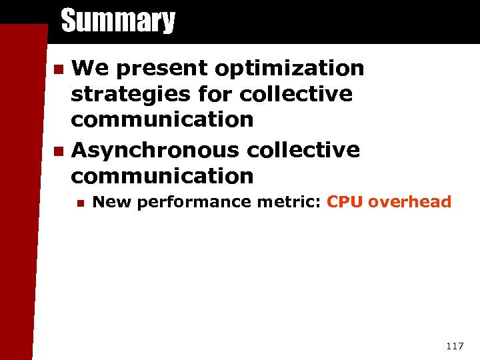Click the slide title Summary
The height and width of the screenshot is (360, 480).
tap(118, 21)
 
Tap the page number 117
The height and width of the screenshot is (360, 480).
tap(454, 346)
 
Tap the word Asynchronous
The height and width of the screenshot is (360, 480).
tap(155, 150)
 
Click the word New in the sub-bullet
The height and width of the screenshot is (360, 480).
tap(109, 201)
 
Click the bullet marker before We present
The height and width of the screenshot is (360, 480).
tap(59, 69)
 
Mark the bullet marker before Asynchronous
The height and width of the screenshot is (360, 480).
tap(59, 151)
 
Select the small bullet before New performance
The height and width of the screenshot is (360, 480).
tap(79, 202)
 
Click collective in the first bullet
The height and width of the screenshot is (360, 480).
tap(296, 94)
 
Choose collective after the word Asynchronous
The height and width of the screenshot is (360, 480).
tap(303, 150)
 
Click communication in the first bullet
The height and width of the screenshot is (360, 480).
tap(162, 120)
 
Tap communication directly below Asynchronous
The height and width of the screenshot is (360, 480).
tap(162, 176)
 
